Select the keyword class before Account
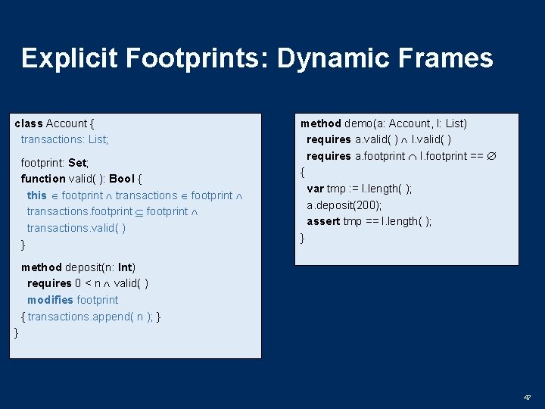tap(29, 123)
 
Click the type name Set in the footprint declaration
tap(77, 163)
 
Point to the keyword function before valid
tap(43, 179)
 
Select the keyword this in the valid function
tap(36, 195)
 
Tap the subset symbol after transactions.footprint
tap(139, 212)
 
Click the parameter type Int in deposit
tap(125, 267)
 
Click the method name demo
tap(359, 123)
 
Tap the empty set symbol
tap(490, 157)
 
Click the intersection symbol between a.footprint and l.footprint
tap(413, 157)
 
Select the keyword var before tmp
tap(315, 189)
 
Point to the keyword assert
tap(323, 221)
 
